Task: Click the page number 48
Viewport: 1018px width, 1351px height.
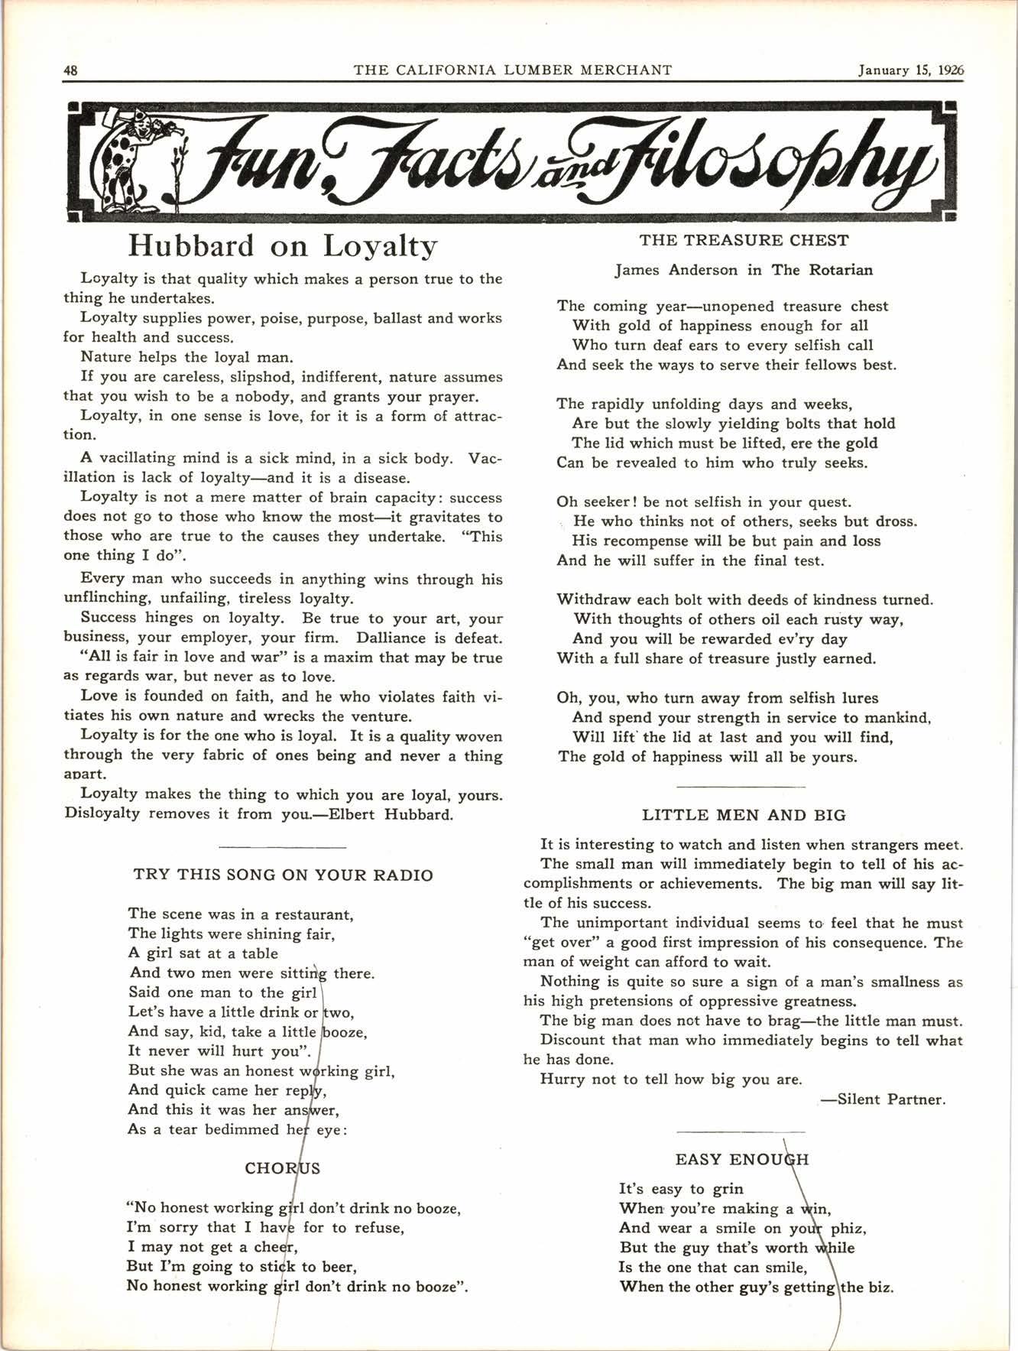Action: pyautogui.click(x=70, y=70)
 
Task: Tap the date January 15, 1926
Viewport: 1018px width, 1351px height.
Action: pyautogui.click(x=910, y=70)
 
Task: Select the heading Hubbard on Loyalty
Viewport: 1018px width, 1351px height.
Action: pyautogui.click(x=283, y=246)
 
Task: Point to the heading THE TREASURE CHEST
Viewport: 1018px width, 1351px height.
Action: pyautogui.click(x=744, y=241)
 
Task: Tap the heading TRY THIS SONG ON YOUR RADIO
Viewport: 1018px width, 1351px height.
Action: pyautogui.click(x=284, y=875)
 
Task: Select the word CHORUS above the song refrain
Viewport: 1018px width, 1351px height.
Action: pyautogui.click(x=282, y=1168)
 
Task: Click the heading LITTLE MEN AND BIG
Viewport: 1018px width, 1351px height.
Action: pyautogui.click(x=744, y=815)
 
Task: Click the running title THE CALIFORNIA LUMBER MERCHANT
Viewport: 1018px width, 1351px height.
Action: pyautogui.click(x=513, y=70)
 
